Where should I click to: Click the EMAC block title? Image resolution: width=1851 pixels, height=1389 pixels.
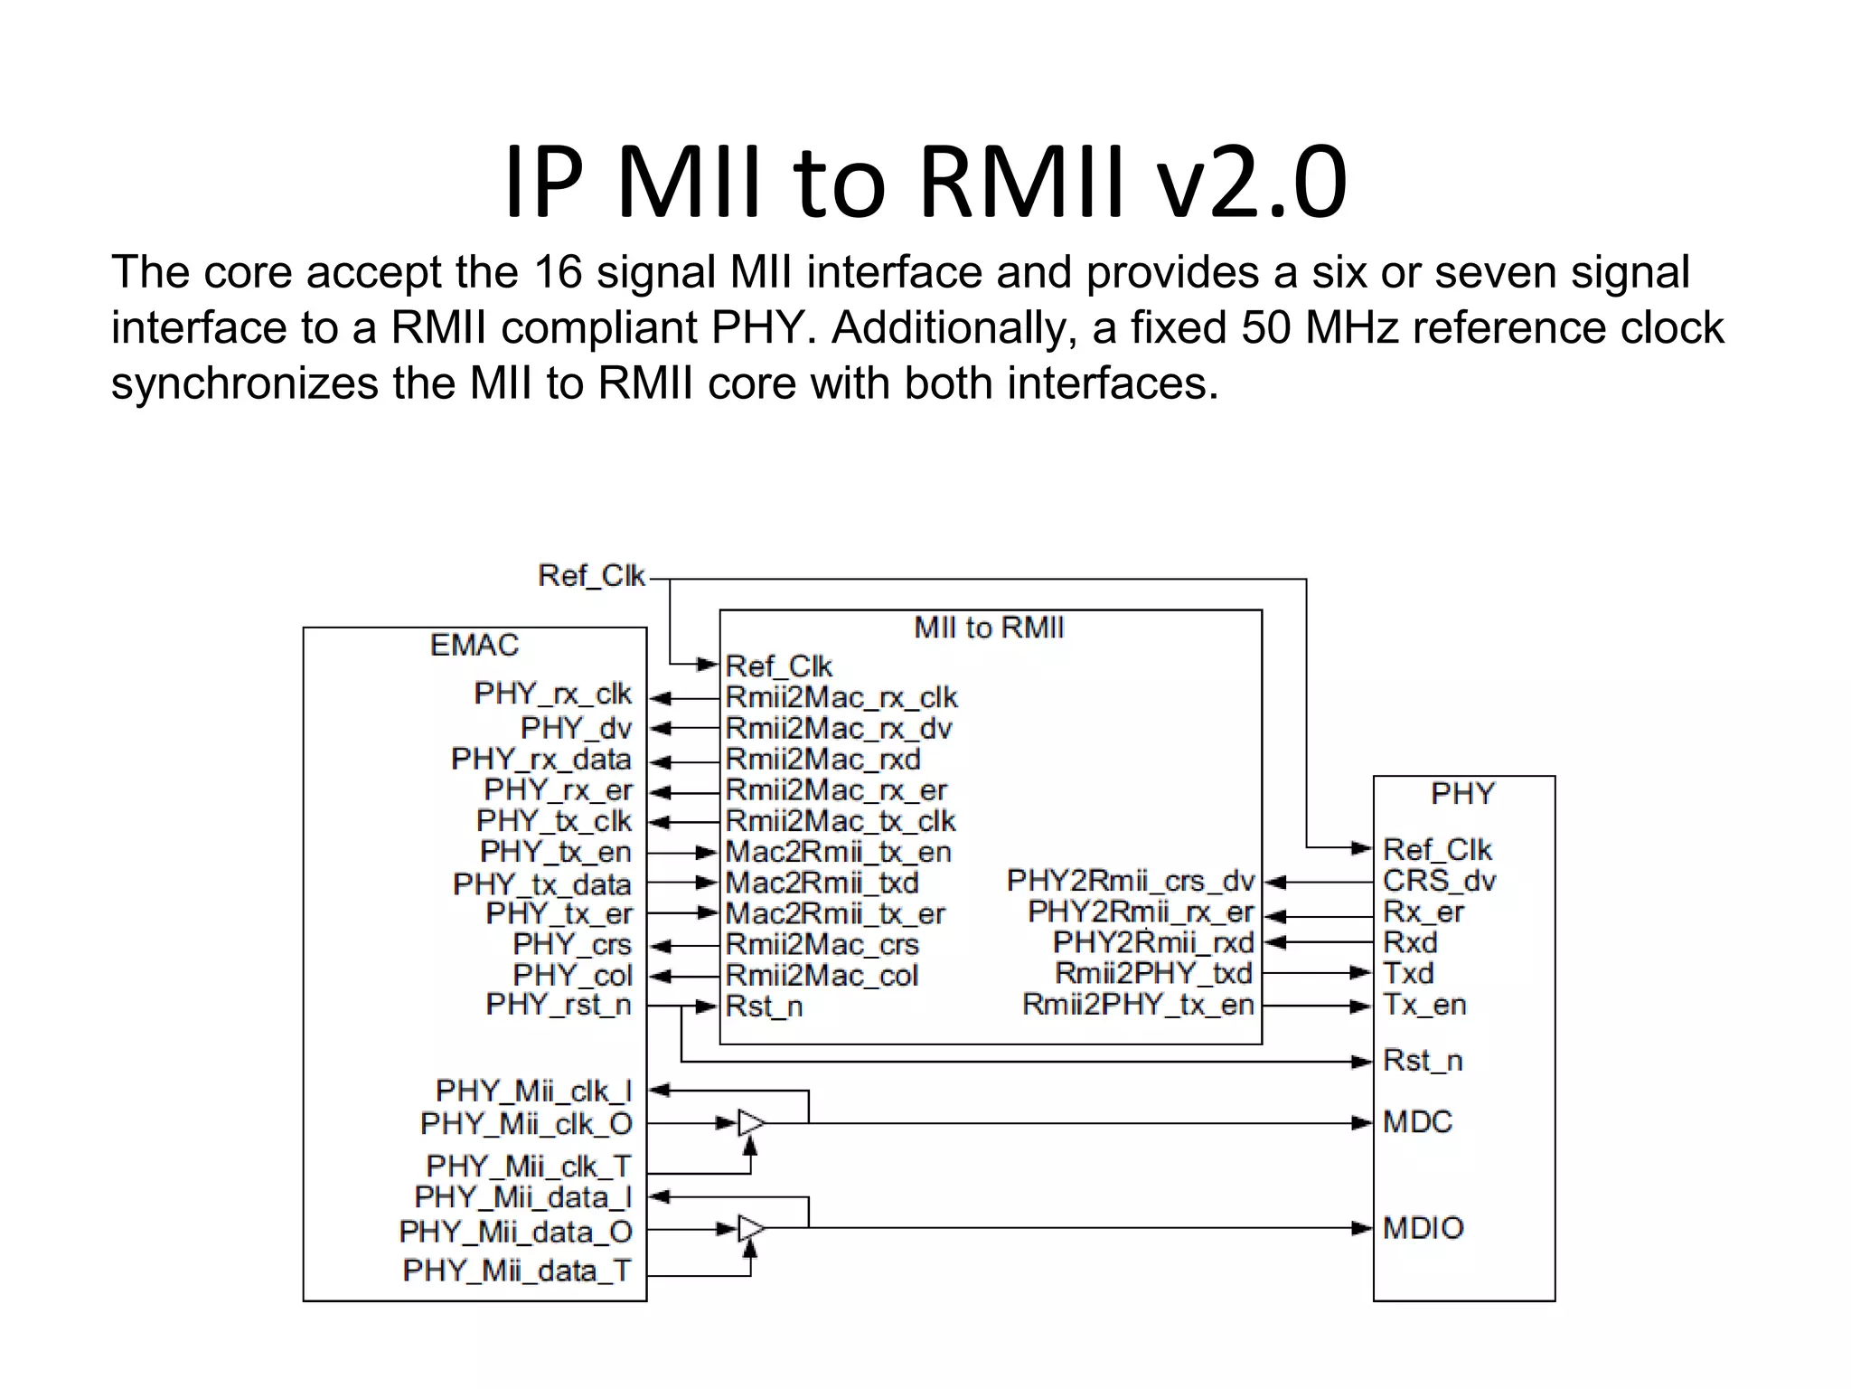point(474,646)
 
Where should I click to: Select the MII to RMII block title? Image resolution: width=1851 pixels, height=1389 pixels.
point(989,628)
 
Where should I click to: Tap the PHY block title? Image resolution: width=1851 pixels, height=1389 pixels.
point(1462,794)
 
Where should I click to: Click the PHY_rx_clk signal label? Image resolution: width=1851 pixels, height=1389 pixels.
point(552,694)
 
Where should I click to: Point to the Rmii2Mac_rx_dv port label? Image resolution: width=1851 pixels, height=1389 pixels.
point(839,729)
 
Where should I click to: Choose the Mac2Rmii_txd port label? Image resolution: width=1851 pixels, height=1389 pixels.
point(822,883)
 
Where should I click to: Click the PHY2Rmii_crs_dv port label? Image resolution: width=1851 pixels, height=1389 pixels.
point(1131,881)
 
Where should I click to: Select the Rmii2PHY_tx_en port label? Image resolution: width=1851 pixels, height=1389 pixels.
point(1138,1005)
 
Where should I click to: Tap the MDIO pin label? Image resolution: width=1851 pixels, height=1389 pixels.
point(1423,1228)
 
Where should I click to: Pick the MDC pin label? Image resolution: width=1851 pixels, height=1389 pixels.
point(1417,1122)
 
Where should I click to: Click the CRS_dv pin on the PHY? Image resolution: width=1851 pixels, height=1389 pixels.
point(1439,881)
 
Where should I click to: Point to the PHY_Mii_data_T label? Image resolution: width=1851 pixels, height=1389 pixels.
point(517,1271)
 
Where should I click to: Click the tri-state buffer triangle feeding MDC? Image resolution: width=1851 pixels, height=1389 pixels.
point(751,1123)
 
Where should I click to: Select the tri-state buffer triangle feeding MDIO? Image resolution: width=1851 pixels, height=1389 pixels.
point(751,1228)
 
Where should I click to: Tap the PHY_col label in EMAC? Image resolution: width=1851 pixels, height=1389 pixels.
point(573,976)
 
